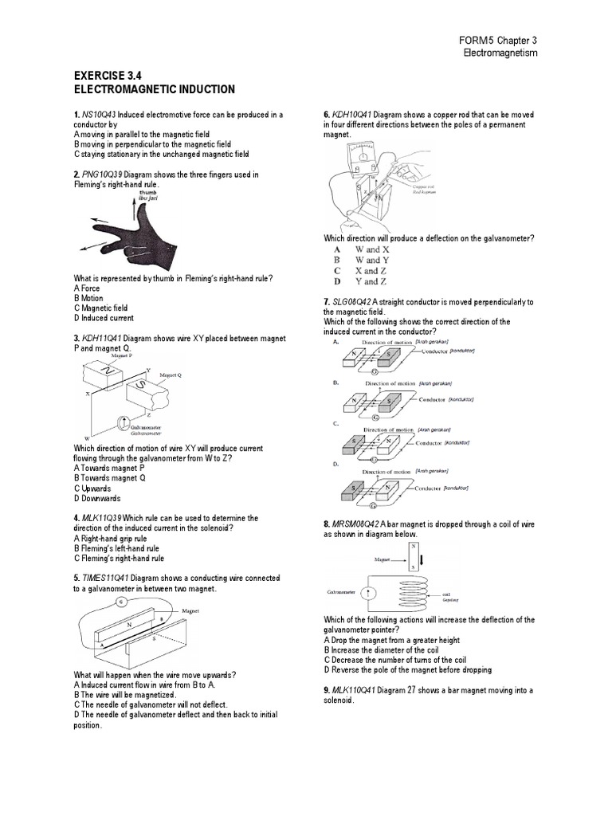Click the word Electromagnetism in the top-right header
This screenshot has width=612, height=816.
501,53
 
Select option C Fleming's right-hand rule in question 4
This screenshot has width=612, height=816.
119,559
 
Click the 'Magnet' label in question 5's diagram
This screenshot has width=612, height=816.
190,610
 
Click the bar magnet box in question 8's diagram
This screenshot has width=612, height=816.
414,558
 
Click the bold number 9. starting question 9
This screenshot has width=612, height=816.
327,690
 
